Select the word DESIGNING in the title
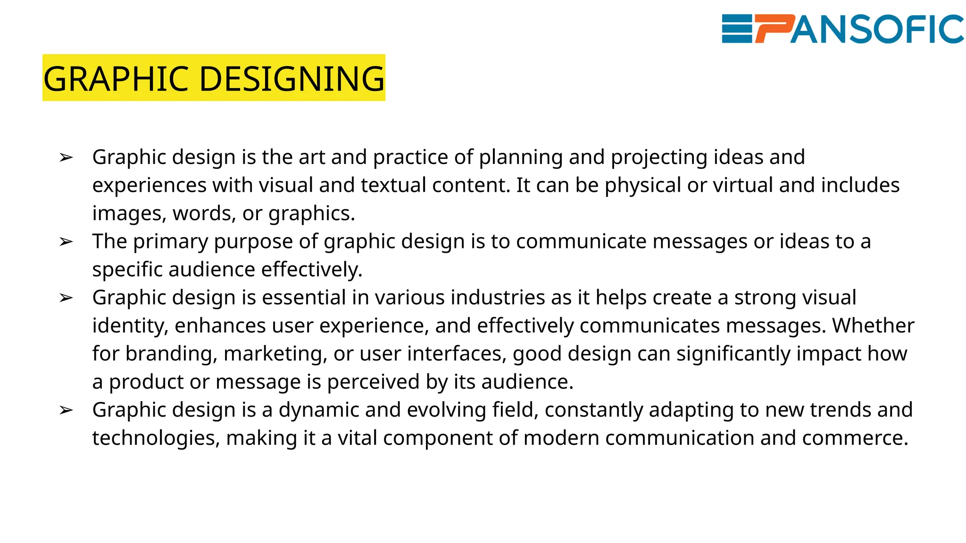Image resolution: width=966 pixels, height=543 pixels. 292,78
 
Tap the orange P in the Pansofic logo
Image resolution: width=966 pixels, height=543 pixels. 774,29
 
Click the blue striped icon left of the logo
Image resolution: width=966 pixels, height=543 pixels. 737,29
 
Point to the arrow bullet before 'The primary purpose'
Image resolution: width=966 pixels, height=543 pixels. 66,242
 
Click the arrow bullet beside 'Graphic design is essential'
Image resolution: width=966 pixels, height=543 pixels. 66,298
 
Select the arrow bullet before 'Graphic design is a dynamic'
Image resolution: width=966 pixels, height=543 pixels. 66,410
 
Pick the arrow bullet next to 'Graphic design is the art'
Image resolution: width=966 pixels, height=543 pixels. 66,157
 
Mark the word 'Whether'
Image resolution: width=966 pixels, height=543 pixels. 873,326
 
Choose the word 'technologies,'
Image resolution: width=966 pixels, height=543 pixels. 156,438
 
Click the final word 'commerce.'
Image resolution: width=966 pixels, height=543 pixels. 855,438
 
